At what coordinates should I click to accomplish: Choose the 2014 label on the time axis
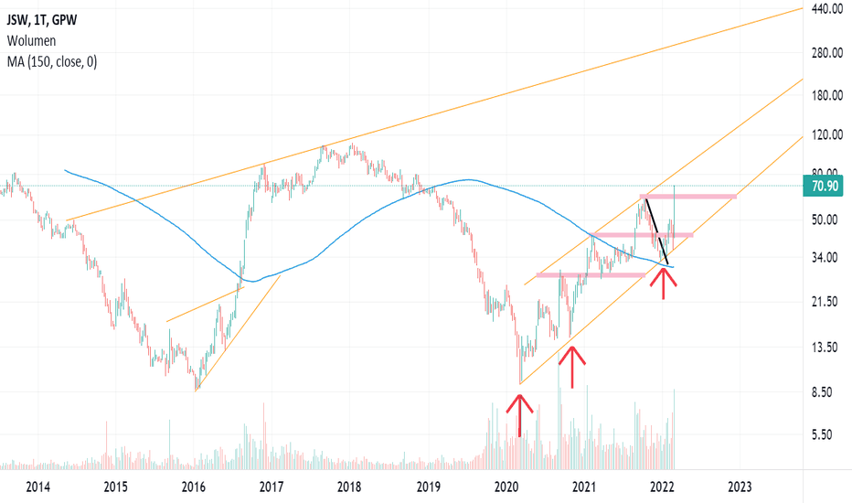point(37,486)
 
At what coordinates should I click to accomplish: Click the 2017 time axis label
point(271,486)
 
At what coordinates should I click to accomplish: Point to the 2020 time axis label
point(506,486)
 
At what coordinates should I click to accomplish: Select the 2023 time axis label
point(740,486)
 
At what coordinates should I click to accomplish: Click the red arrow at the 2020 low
point(519,413)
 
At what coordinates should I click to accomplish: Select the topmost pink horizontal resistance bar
point(689,197)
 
